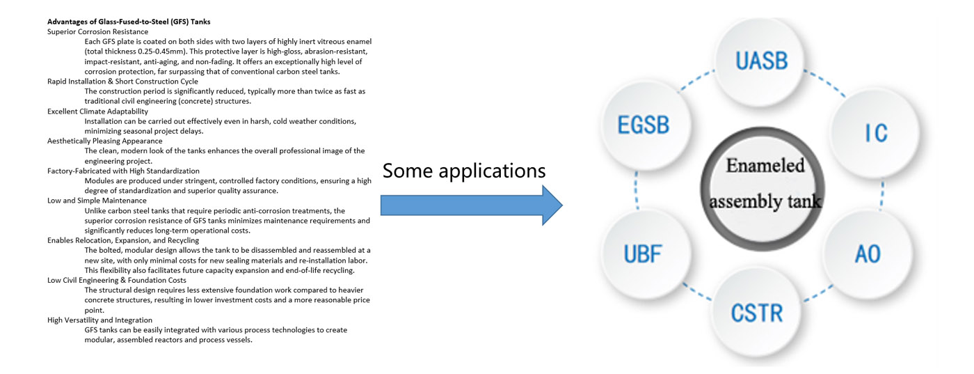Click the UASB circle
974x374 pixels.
point(761,61)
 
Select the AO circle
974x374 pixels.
point(867,253)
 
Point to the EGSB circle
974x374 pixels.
point(644,125)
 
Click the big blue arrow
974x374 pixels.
point(471,205)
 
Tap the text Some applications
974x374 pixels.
point(464,170)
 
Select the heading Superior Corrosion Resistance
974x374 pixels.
point(97,31)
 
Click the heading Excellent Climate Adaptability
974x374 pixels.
point(97,111)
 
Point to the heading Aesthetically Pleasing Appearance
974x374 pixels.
point(104,141)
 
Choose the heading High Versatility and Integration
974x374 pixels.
point(99,320)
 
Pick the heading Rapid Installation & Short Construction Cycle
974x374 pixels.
point(122,81)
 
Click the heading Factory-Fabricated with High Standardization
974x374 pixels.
point(123,171)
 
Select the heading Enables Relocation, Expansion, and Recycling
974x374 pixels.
point(123,240)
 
